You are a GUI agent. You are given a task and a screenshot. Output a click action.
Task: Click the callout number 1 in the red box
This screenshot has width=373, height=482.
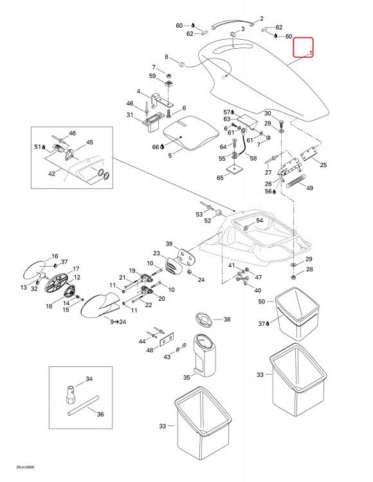pyautogui.click(x=311, y=53)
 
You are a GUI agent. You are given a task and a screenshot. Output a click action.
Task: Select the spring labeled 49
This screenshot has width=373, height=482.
pyautogui.click(x=296, y=181)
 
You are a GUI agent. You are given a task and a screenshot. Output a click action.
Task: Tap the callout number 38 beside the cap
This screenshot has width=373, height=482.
pyautogui.click(x=227, y=319)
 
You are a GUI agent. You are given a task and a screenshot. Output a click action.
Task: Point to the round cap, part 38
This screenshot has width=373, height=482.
pyautogui.click(x=204, y=320)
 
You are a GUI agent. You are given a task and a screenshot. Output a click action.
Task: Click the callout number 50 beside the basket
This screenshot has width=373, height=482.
pyautogui.click(x=261, y=301)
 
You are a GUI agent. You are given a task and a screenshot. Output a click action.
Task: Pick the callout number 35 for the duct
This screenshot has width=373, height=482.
pyautogui.click(x=186, y=377)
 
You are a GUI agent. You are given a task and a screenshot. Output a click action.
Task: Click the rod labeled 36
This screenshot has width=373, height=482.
pyautogui.click(x=84, y=406)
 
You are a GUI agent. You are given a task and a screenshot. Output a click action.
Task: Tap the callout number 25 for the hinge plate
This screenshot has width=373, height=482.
pyautogui.click(x=323, y=165)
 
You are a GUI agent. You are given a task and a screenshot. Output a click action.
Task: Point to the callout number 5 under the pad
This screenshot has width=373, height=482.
pyautogui.click(x=170, y=156)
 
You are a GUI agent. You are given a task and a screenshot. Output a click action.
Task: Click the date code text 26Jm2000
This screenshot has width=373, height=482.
pyautogui.click(x=25, y=467)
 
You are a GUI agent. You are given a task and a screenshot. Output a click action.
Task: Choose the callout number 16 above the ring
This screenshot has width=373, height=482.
pyautogui.click(x=55, y=256)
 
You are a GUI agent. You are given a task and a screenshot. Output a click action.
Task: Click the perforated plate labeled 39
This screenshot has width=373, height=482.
pyautogui.click(x=186, y=256)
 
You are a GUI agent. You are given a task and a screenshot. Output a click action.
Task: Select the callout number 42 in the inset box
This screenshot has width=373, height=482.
pyautogui.click(x=51, y=174)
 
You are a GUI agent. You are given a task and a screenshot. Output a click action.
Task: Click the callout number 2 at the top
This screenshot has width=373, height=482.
pyautogui.click(x=261, y=19)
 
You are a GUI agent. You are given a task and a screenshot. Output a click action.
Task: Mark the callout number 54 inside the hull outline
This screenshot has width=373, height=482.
pyautogui.click(x=260, y=220)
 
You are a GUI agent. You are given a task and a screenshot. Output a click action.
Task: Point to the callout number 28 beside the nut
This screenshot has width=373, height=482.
pyautogui.click(x=309, y=269)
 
